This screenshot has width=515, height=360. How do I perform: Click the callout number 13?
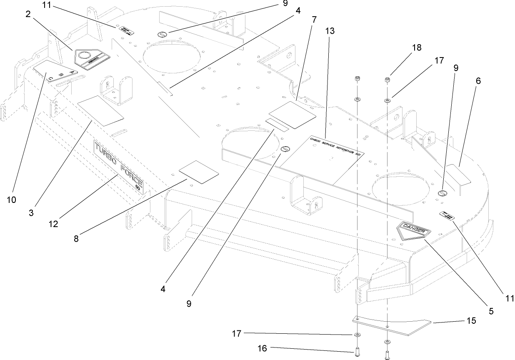[330, 31]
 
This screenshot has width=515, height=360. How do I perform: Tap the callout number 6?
[478, 81]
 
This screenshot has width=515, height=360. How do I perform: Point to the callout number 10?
[11, 200]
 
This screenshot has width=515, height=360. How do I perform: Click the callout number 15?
[471, 321]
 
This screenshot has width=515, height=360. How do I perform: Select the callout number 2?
[28, 14]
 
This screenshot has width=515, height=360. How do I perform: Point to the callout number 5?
[491, 310]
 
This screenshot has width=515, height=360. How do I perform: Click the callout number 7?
[314, 19]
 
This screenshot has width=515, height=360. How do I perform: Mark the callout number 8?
[76, 239]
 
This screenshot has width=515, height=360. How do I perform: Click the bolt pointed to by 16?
[357, 352]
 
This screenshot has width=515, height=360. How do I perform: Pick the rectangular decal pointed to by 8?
[198, 171]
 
